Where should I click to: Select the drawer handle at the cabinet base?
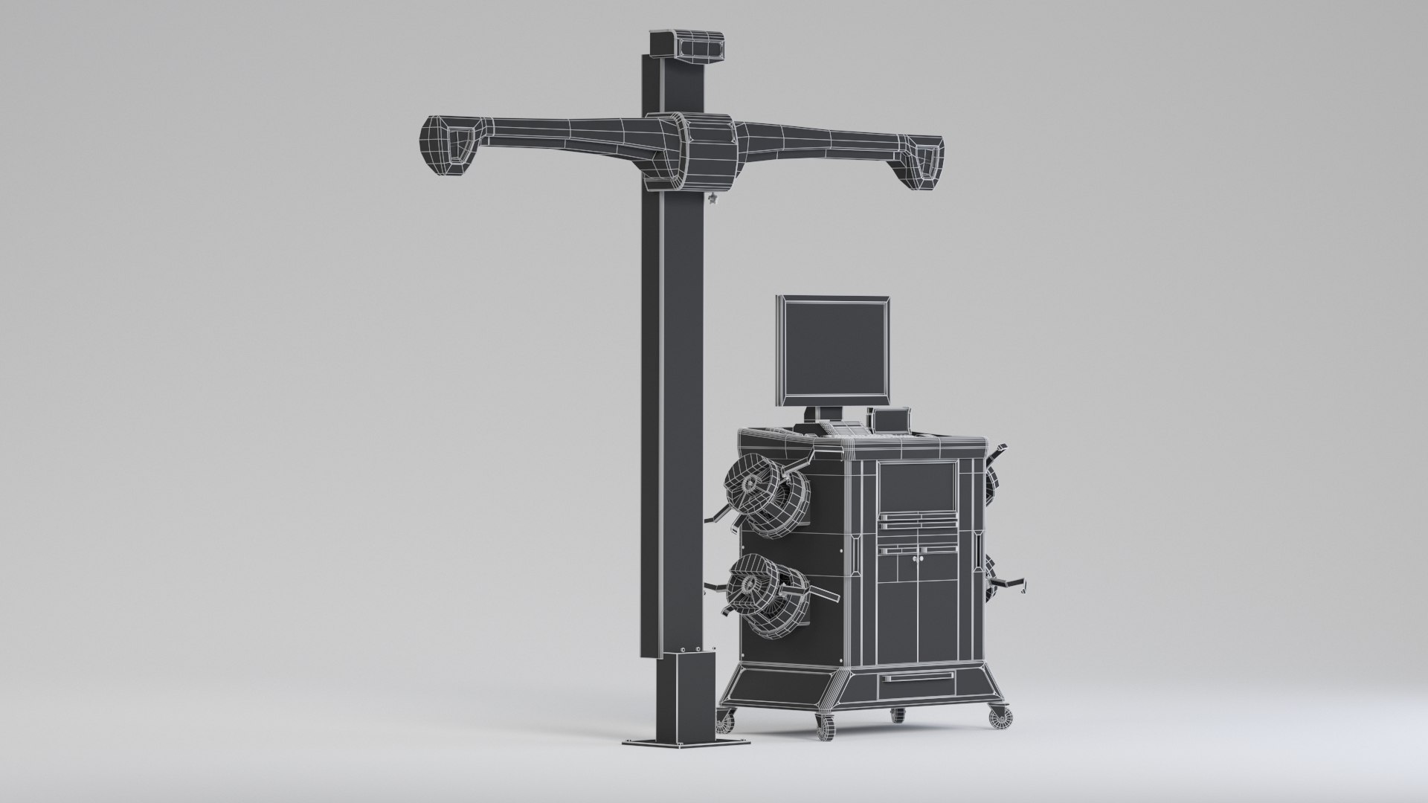coord(916,678)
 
